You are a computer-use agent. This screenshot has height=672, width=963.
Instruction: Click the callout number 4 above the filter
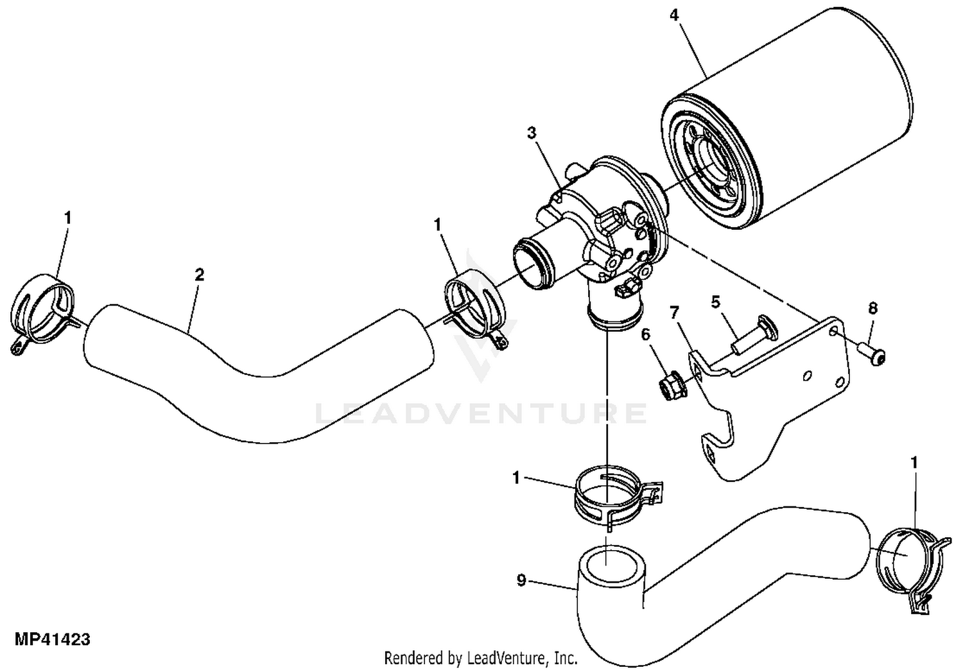673,14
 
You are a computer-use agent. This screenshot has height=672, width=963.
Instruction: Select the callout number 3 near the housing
532,133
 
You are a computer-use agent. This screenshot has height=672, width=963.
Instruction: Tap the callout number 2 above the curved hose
200,275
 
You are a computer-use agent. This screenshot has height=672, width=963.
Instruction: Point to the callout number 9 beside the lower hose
521,580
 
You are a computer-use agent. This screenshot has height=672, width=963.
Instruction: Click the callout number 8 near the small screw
872,308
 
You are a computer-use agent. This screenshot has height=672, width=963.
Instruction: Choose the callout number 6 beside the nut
646,334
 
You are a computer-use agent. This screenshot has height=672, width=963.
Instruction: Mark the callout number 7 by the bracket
674,313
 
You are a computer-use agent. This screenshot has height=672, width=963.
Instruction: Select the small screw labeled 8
874,354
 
